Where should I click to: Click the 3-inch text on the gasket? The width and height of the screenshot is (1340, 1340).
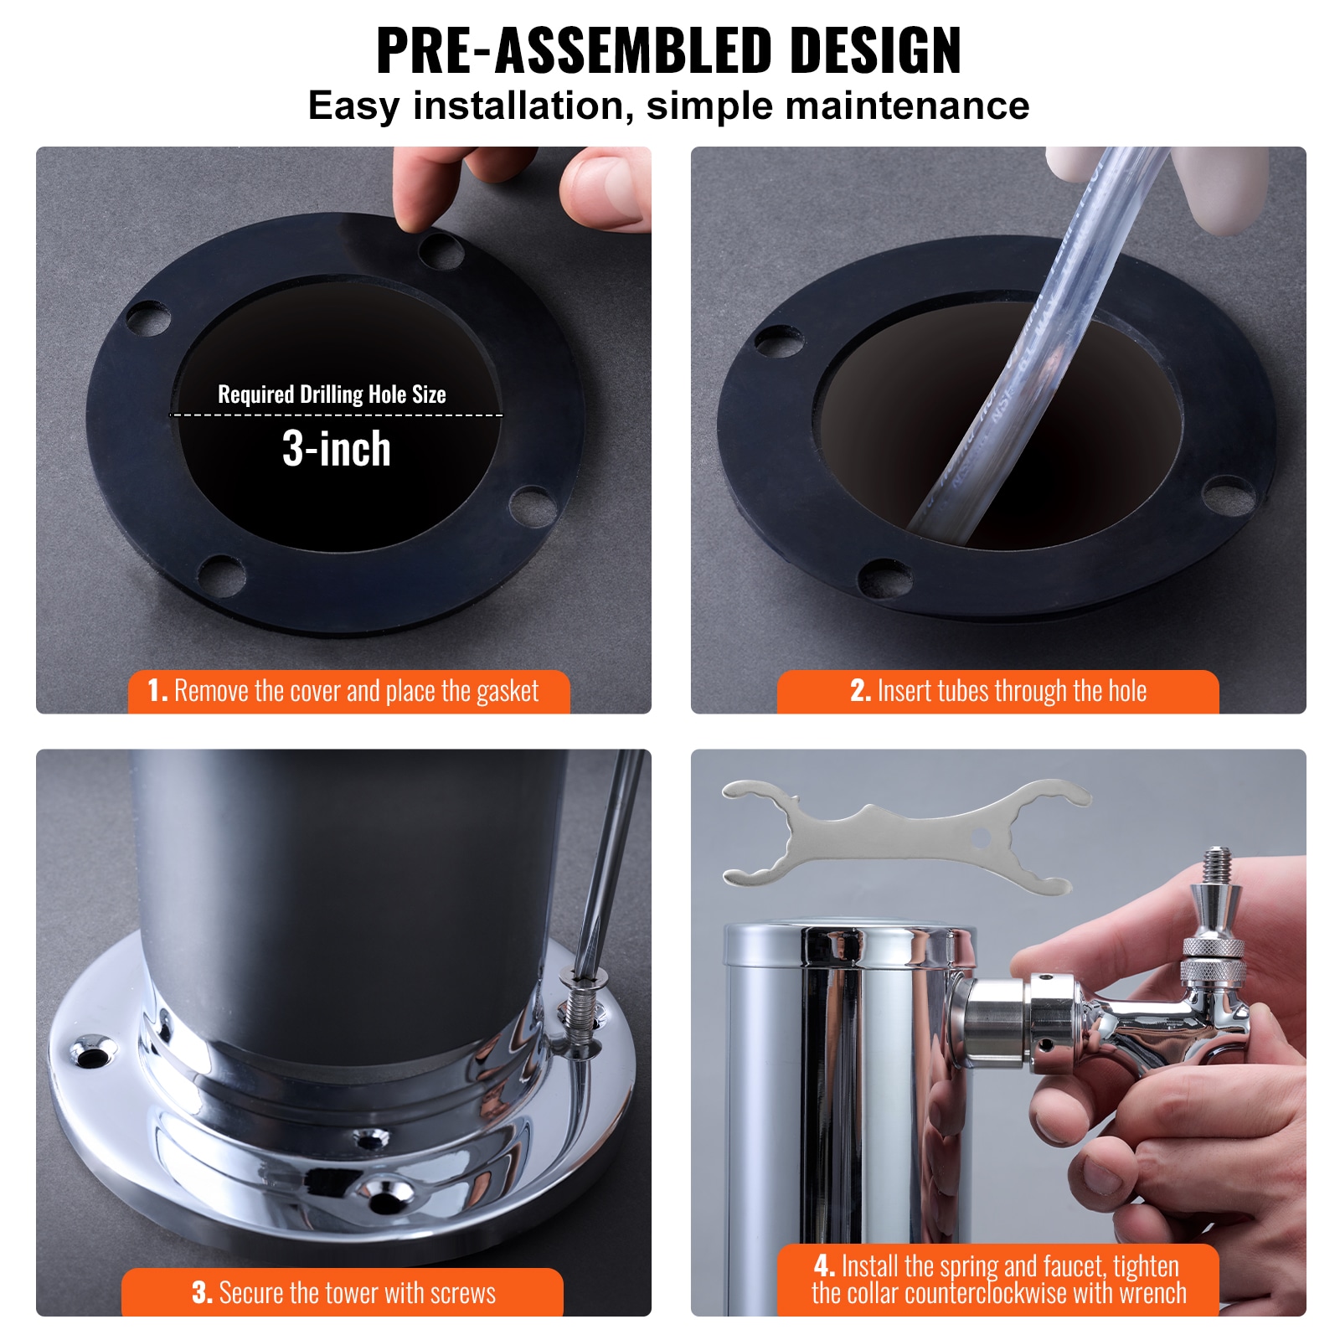tap(336, 449)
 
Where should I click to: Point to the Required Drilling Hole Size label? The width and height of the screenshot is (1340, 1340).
tap(332, 394)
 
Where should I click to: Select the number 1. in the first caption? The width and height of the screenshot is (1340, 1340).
tap(157, 691)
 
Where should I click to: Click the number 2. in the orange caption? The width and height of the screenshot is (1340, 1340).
tap(860, 691)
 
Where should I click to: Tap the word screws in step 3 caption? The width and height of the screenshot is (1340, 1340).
tap(463, 1293)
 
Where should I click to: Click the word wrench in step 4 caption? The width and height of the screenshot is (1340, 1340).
tap(1153, 1293)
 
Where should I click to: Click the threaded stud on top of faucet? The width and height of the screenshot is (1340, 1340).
tap(1215, 868)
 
